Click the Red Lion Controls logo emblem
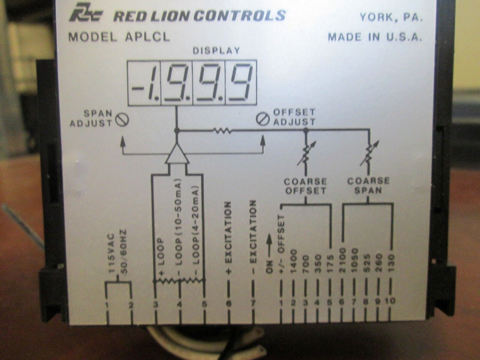click(86, 15)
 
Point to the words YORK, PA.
click(391, 18)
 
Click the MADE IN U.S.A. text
click(375, 37)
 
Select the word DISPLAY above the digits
click(216, 51)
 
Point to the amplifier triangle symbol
click(177, 154)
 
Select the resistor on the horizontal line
click(222, 131)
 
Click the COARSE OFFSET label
click(305, 186)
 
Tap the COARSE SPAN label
click(368, 186)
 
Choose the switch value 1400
click(293, 262)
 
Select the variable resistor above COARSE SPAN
click(369, 153)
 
